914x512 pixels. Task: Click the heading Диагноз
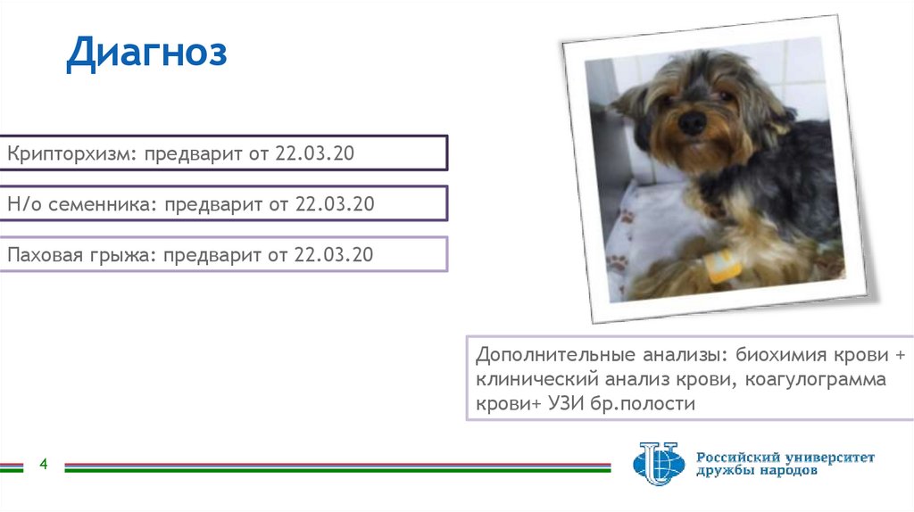pyautogui.click(x=146, y=54)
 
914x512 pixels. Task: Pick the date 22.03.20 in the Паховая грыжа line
pyautogui.click(x=334, y=255)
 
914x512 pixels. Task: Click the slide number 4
pyautogui.click(x=43, y=464)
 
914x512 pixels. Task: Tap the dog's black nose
pyautogui.click(x=691, y=122)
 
